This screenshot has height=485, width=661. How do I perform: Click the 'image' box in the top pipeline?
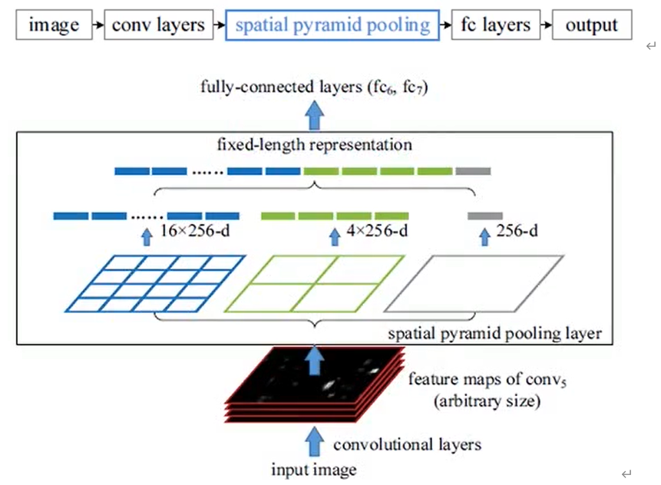pyautogui.click(x=54, y=25)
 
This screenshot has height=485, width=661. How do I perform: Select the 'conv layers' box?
pyautogui.click(x=157, y=25)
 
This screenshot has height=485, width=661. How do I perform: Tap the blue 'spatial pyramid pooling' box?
pyautogui.click(x=332, y=25)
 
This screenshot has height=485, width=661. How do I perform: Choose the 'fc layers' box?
pyautogui.click(x=495, y=25)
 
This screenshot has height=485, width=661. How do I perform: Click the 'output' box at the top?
pyautogui.click(x=592, y=25)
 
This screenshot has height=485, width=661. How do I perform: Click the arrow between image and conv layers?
pyautogui.click(x=97, y=25)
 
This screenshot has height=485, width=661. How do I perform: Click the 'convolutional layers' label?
pyautogui.click(x=407, y=444)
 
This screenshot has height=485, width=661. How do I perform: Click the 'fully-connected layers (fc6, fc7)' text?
pyautogui.click(x=313, y=87)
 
